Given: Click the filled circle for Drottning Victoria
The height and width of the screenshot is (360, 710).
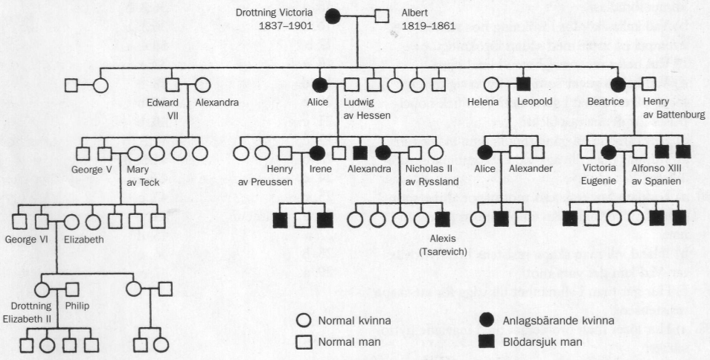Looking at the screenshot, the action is tap(333, 16).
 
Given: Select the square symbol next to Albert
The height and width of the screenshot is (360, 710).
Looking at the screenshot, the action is tap(382, 16).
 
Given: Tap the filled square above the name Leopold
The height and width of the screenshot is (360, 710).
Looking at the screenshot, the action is tap(523, 85).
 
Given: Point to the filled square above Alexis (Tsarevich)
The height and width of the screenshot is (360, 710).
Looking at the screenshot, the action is tap(442, 219).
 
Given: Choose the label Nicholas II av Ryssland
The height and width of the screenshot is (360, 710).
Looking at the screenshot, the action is tap(432, 175).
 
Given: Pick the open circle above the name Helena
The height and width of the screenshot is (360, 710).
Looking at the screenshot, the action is tap(492, 85).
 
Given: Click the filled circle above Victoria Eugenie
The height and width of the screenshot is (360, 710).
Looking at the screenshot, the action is tap(609, 152).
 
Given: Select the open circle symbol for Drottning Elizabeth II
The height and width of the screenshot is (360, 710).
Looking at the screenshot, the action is tap(42, 289).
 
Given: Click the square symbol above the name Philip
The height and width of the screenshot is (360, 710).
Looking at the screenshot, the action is tap(72, 289).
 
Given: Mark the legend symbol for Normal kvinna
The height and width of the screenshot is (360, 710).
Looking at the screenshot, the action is tap(304, 321).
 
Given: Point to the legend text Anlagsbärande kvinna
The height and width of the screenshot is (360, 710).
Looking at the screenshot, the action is tap(559, 321).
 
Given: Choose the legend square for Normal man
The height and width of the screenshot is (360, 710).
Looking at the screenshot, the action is tap(304, 342).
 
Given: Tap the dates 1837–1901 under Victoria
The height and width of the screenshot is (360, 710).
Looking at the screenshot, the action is tap(286, 26).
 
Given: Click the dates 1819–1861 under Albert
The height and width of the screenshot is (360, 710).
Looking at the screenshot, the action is tap(429, 26).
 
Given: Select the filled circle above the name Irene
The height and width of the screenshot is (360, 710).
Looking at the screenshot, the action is tap(317, 153).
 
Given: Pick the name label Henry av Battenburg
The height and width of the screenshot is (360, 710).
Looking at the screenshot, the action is tap(674, 108).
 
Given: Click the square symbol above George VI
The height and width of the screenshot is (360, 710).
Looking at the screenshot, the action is tap(42, 222).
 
